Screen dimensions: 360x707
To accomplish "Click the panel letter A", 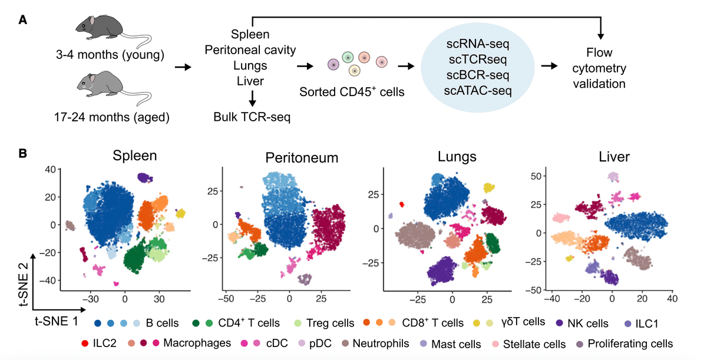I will [23, 19].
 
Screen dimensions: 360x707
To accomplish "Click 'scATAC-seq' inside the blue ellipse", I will [477, 90].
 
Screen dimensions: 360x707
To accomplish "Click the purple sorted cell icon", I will [333, 64].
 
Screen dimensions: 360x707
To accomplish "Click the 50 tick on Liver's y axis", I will [536, 176].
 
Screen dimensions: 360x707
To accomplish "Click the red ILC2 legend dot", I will [87, 343].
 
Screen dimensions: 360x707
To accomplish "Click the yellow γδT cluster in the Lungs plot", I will [488, 187].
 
